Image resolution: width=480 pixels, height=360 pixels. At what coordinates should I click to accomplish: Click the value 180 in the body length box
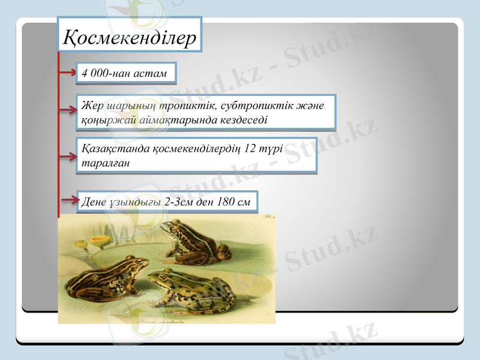click(221, 202)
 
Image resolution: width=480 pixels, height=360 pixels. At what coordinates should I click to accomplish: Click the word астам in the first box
click(153, 73)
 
